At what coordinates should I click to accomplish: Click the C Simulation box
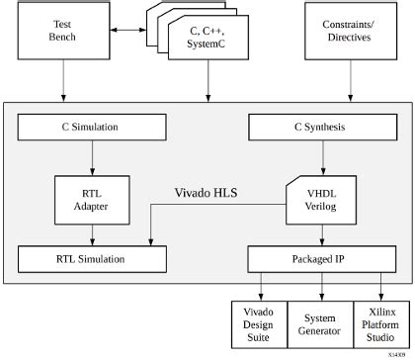92,127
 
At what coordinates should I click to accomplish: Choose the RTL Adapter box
92,199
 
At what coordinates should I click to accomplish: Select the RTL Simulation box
92,259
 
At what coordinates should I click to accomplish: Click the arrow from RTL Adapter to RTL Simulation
92,233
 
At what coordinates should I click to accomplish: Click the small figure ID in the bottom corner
396,352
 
